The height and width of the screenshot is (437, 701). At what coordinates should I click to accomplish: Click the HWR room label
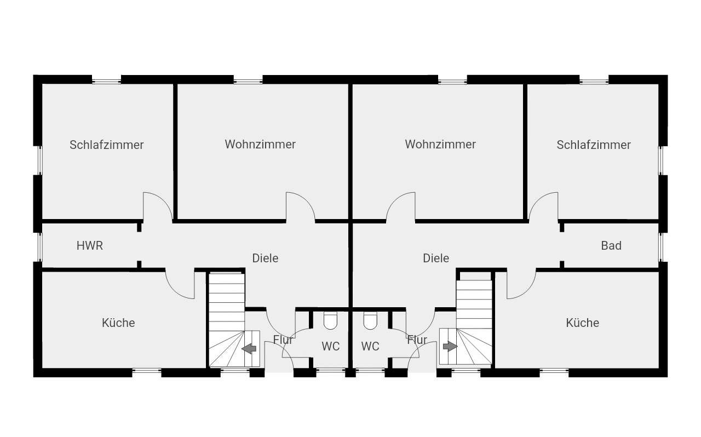pos(89,246)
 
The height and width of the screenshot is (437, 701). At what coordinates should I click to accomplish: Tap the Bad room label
pos(611,246)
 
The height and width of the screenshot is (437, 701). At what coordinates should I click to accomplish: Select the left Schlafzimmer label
pos(106,145)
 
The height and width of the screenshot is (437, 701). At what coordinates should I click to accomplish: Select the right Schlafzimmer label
pos(594,145)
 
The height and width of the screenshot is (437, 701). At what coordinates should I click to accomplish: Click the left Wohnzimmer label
pos(260,145)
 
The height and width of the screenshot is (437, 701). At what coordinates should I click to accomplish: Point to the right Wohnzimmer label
pos(440,145)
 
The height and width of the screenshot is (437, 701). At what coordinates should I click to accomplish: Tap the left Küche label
pos(118,323)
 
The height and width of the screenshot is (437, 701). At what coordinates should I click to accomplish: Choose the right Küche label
pos(582,323)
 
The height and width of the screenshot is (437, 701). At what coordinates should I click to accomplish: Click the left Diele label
pos(265,258)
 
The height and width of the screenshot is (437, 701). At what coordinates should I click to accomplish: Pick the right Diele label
pos(436,258)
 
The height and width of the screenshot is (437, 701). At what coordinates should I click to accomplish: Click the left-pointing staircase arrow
pos(249,348)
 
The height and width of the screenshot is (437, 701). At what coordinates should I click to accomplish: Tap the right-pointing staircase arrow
pos(450,347)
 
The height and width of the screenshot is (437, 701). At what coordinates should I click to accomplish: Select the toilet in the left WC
pos(330,320)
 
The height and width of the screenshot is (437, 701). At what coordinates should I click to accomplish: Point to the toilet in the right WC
pos(370,320)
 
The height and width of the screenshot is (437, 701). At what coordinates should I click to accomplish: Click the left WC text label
pos(330,346)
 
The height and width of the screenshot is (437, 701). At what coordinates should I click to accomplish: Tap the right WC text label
pos(370,346)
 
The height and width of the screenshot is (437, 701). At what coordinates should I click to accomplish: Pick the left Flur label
pos(283,340)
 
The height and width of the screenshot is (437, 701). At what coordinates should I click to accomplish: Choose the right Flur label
pos(417,340)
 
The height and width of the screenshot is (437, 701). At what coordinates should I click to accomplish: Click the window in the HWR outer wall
pos(40,246)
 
